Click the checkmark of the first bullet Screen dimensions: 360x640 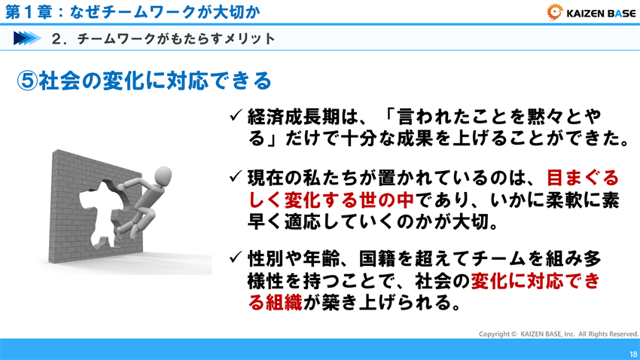tap(236, 117)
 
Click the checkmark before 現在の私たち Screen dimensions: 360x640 tap(236, 178)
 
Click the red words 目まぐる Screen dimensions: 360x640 tap(582, 178)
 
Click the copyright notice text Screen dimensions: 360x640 tap(559, 333)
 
